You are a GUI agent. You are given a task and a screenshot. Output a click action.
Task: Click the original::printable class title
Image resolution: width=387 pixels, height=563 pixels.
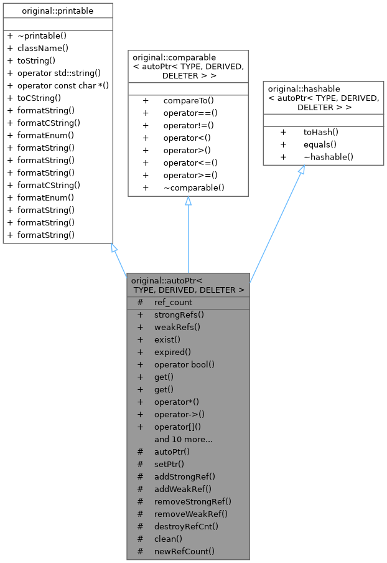pos(57,10)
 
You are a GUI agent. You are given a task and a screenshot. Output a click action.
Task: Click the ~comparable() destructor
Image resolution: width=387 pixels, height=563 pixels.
pos(193,187)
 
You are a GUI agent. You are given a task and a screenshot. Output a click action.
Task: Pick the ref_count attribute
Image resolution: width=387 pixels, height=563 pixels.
pos(173,302)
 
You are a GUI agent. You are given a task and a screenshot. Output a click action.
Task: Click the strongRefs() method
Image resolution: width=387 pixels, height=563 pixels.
pos(179,315)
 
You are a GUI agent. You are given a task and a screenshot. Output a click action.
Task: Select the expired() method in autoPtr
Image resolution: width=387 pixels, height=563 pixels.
pos(172,352)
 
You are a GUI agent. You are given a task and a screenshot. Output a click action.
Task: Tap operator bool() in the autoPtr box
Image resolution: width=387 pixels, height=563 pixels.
pos(184,364)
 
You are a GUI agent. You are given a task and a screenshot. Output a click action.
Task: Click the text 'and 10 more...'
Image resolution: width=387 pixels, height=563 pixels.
pos(184,439)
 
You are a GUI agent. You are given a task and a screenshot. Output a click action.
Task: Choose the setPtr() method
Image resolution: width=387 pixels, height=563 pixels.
pos(169,464)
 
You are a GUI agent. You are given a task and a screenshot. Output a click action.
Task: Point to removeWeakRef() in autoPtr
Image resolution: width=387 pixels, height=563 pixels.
pos(190,514)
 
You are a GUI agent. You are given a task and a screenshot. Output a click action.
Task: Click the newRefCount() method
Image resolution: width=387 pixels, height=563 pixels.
pos(184,551)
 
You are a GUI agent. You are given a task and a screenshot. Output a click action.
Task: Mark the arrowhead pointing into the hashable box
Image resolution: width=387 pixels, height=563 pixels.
pos(301,171)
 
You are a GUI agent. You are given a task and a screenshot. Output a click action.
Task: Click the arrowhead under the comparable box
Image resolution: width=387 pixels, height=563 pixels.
pos(188,201)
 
